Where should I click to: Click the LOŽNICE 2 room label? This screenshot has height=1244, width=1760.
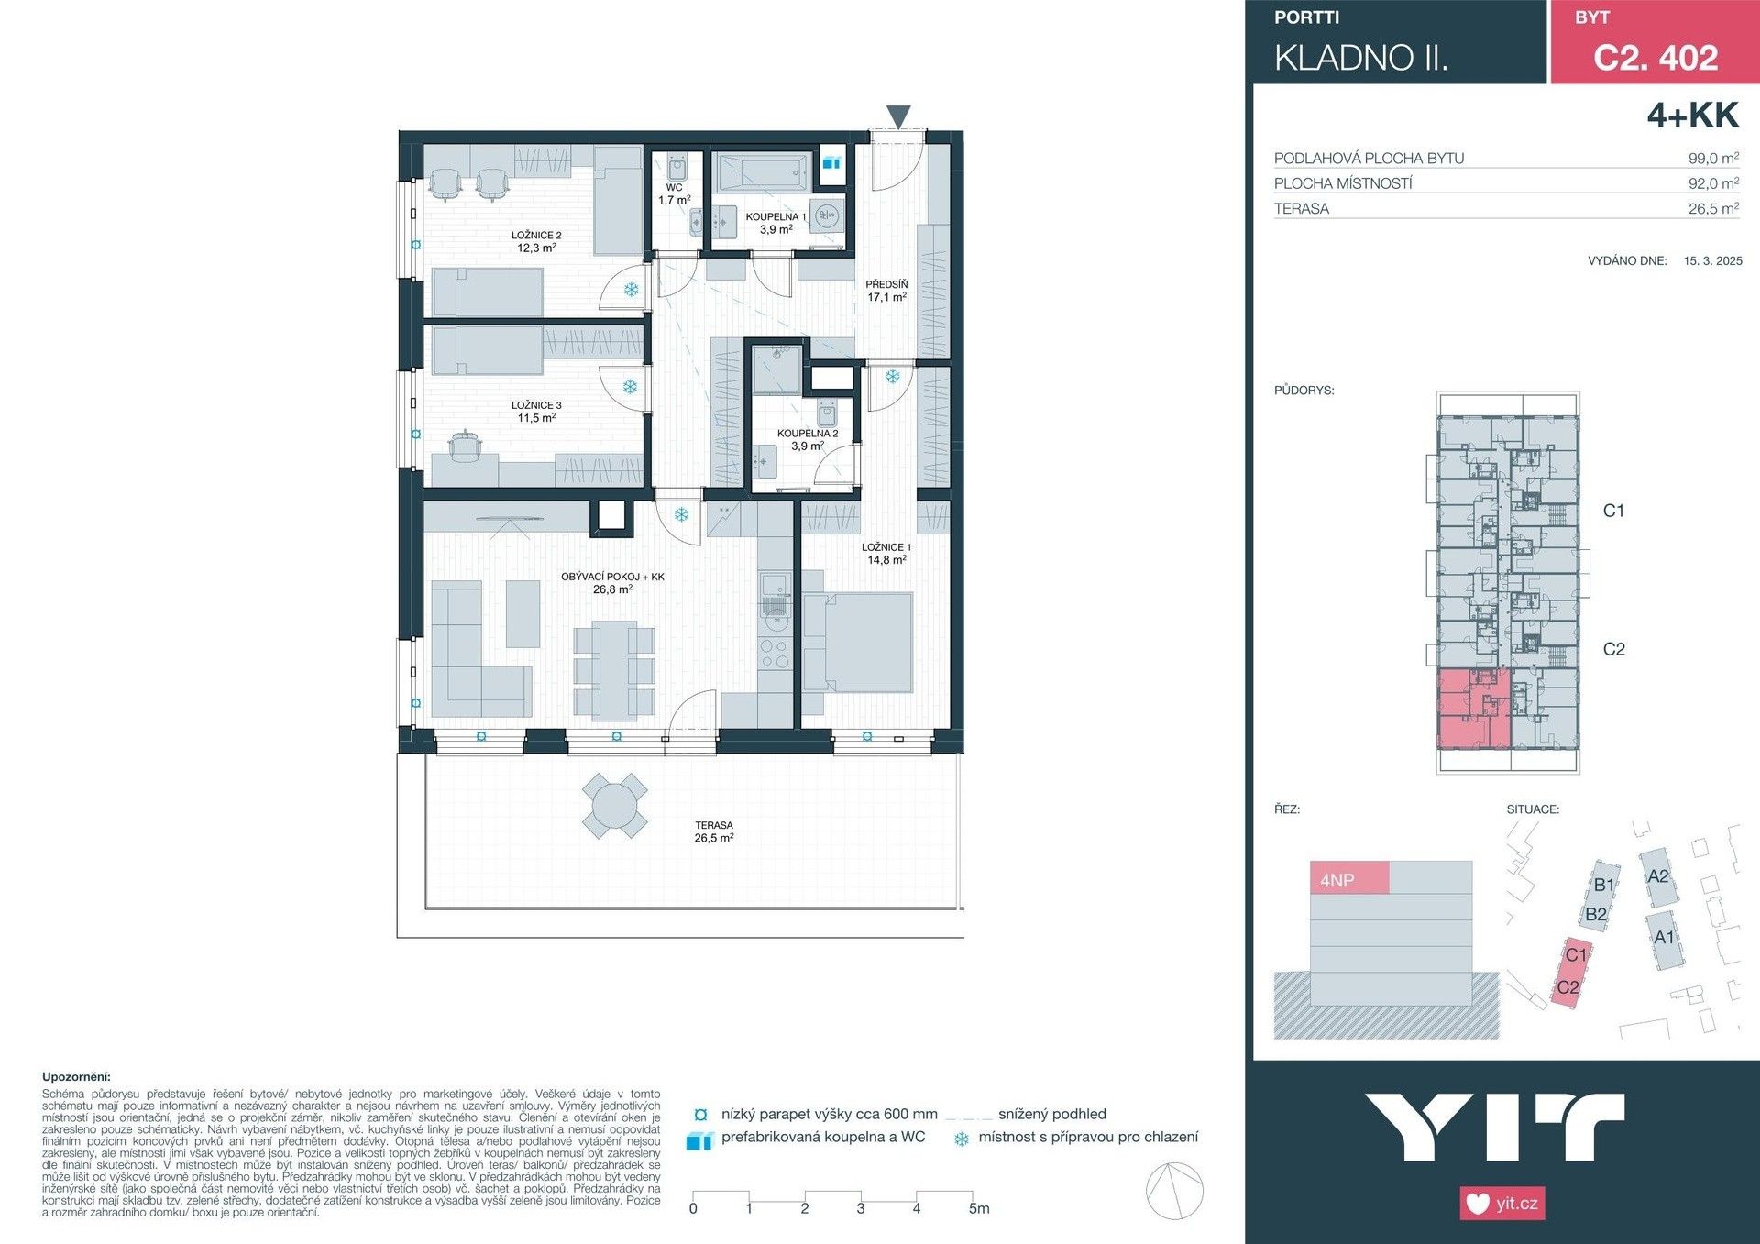(536, 241)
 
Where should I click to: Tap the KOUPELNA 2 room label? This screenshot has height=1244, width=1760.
(807, 439)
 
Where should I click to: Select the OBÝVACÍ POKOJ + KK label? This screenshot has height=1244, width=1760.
(612, 583)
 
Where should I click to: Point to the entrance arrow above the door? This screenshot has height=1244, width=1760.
(898, 116)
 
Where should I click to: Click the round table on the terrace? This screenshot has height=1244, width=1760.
(615, 807)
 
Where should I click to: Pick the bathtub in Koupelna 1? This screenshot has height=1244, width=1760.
(763, 172)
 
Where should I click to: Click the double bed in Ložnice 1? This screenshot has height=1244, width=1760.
(858, 642)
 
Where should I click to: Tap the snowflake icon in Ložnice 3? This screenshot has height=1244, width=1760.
(630, 387)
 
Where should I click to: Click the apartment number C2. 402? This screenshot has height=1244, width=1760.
(1655, 57)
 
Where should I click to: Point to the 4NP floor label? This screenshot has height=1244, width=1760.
(1337, 880)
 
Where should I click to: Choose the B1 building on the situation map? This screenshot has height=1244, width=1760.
(1603, 885)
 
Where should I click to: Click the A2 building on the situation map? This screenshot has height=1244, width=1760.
(1658, 876)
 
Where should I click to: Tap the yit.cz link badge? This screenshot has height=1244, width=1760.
(1501, 1203)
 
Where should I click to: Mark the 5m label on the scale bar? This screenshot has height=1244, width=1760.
(978, 1208)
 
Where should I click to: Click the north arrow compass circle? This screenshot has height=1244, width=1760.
(1174, 1191)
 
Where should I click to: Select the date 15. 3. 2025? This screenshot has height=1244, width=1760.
(1711, 260)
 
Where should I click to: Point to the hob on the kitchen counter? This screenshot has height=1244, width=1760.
(775, 653)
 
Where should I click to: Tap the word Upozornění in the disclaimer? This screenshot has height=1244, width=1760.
(76, 1077)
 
